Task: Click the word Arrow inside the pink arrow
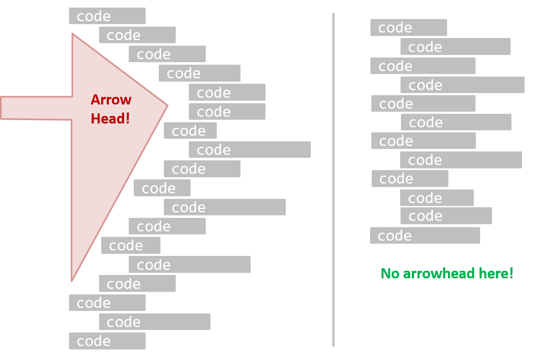click(x=111, y=100)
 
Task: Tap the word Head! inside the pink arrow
click(x=110, y=118)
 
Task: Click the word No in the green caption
click(x=390, y=273)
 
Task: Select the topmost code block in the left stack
click(x=107, y=16)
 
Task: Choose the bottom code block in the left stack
click(x=107, y=341)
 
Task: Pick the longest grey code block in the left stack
click(x=249, y=150)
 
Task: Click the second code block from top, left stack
click(x=137, y=35)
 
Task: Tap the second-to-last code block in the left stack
click(x=155, y=322)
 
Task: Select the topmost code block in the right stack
click(x=409, y=27)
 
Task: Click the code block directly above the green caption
click(x=425, y=236)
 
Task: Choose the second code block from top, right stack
click(x=455, y=47)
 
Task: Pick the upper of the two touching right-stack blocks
click(x=437, y=198)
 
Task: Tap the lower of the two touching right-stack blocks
click(x=446, y=216)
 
